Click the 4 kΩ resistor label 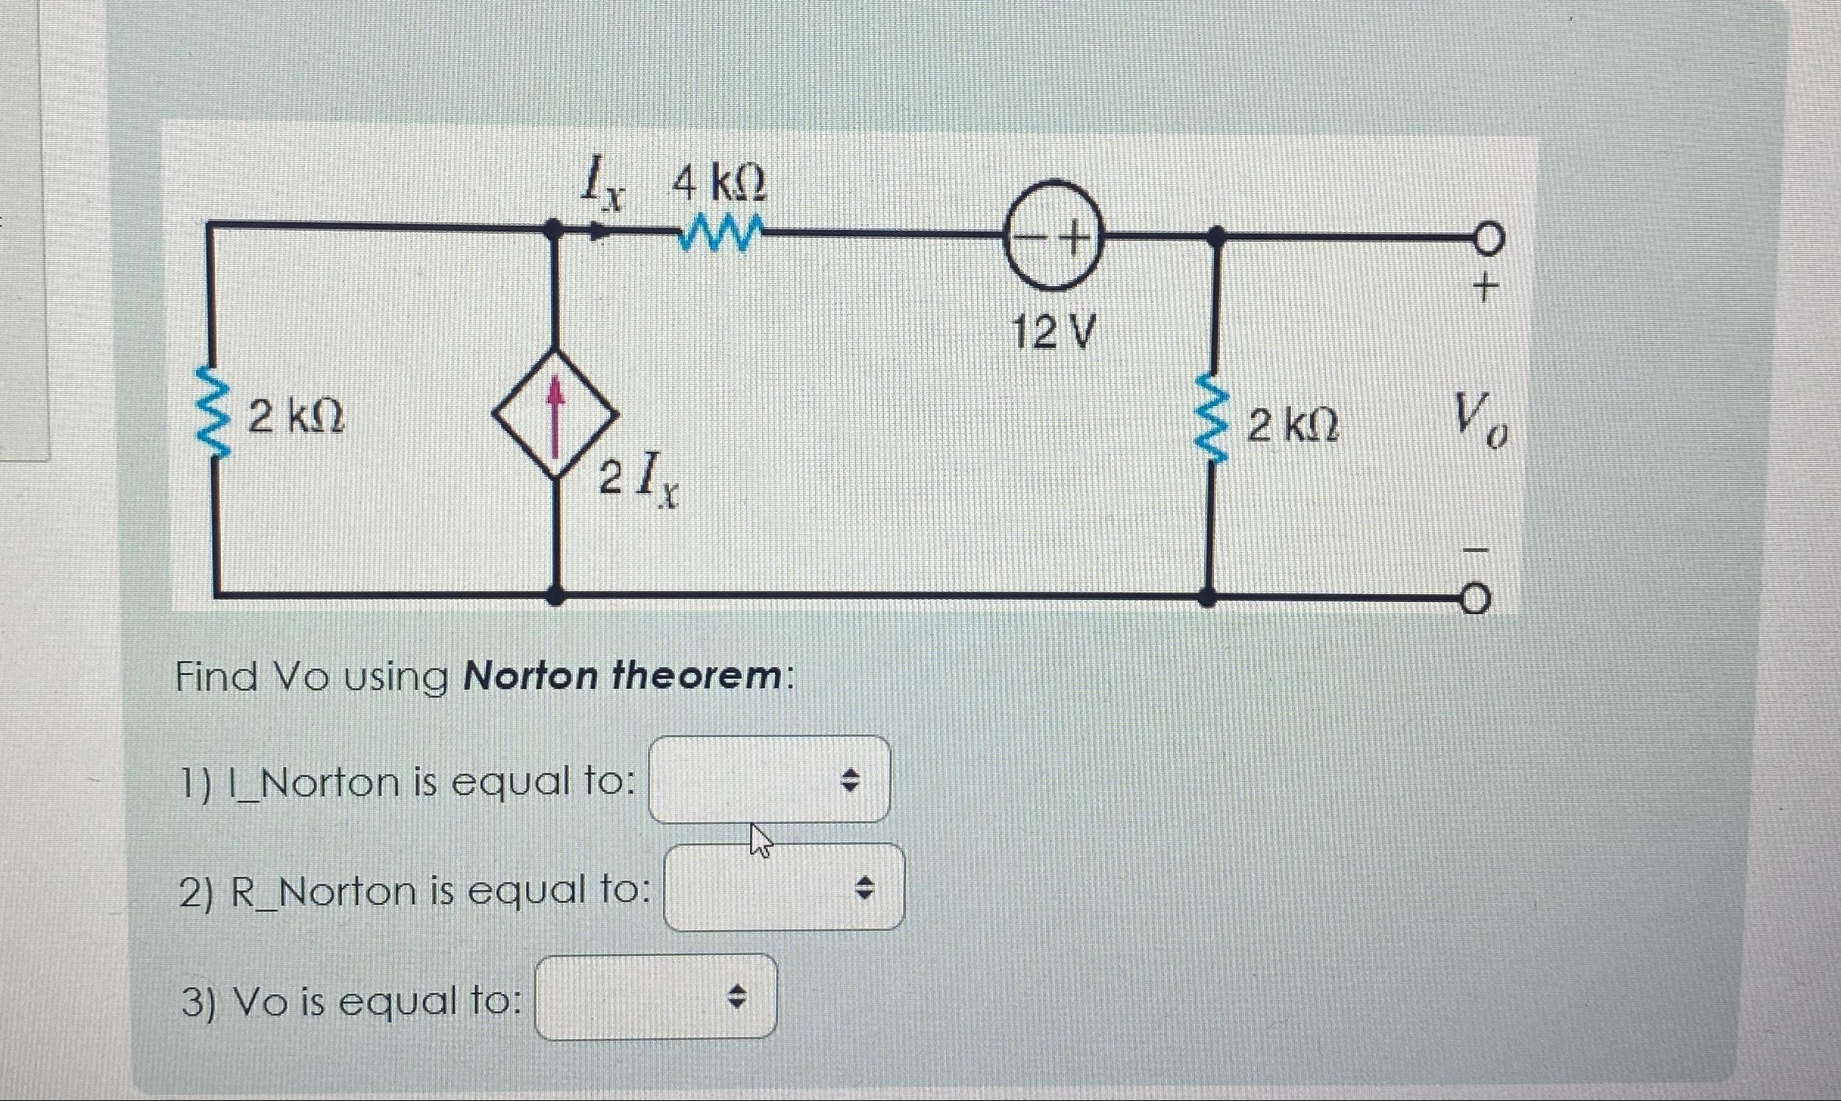[718, 184]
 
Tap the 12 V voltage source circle [1053, 235]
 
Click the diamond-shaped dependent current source [555, 413]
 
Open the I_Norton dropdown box [769, 779]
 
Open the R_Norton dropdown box [784, 887]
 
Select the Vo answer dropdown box [656, 997]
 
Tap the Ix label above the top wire [601, 186]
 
